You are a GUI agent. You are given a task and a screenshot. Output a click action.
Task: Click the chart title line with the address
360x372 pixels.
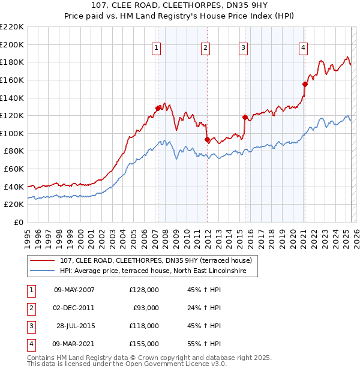click(179, 7)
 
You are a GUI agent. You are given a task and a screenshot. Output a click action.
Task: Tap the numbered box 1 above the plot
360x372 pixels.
click(157, 49)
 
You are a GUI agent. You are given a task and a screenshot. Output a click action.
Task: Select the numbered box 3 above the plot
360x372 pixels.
click(243, 49)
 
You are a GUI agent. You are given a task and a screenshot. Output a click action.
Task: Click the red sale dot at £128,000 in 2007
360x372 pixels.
click(158, 109)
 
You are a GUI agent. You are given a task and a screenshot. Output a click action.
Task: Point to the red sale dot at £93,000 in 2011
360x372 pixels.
click(206, 140)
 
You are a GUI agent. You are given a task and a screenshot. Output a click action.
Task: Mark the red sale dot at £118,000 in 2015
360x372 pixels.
click(245, 118)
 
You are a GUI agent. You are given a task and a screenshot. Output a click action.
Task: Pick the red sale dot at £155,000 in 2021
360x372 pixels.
click(304, 85)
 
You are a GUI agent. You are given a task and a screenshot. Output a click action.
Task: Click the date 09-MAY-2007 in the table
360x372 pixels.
click(74, 290)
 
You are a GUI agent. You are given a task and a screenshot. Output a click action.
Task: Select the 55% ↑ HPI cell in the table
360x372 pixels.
click(204, 344)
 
